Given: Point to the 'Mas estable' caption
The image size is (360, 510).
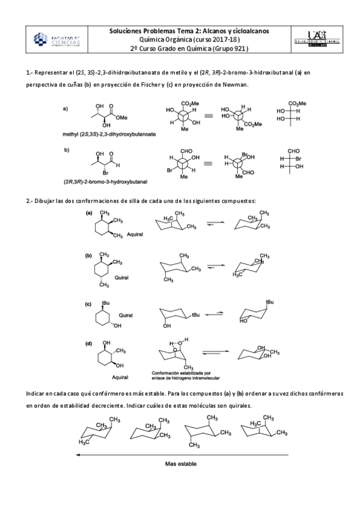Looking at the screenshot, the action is [180, 464].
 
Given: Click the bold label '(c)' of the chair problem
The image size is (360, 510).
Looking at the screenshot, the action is [88, 304].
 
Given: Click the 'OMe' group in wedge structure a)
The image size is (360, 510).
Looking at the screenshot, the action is [123, 118].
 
